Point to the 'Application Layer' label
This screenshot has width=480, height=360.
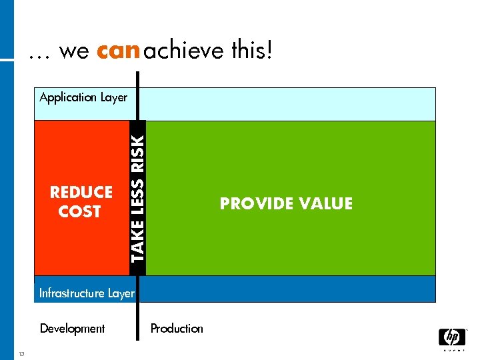[x=83, y=97]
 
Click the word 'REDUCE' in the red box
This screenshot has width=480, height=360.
[x=81, y=193]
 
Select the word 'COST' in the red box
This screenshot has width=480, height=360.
[x=79, y=212]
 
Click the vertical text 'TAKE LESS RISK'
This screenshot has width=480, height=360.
[x=137, y=198]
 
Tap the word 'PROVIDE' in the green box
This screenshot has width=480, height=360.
[x=253, y=204]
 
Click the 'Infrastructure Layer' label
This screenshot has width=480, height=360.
[x=87, y=293]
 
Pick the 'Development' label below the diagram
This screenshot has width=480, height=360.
[x=72, y=329]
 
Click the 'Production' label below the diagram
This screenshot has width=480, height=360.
[x=177, y=329]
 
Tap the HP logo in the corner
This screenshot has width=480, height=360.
[x=451, y=337]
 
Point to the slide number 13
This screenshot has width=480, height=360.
[x=22, y=353]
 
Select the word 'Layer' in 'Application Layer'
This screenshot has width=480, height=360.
[x=113, y=97]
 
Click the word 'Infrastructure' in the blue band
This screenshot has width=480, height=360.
[x=72, y=293]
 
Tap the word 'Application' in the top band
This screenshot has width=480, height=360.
[x=68, y=97]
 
